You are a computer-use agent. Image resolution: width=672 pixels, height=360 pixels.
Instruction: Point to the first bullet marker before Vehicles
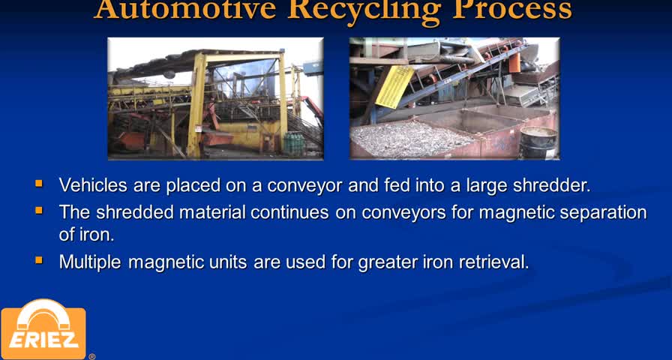[39, 184]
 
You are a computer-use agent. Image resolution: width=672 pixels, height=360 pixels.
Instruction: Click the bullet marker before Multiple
[39, 259]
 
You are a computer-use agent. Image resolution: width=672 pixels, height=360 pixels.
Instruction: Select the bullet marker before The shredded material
[39, 211]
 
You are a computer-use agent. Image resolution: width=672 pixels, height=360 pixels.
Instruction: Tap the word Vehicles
[94, 185]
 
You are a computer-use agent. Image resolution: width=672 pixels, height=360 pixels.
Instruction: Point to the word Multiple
[90, 262]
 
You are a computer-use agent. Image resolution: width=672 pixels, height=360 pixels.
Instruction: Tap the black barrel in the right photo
[538, 142]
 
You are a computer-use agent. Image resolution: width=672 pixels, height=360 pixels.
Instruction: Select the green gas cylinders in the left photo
[294, 144]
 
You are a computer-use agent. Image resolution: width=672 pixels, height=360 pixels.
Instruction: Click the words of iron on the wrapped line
[86, 235]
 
